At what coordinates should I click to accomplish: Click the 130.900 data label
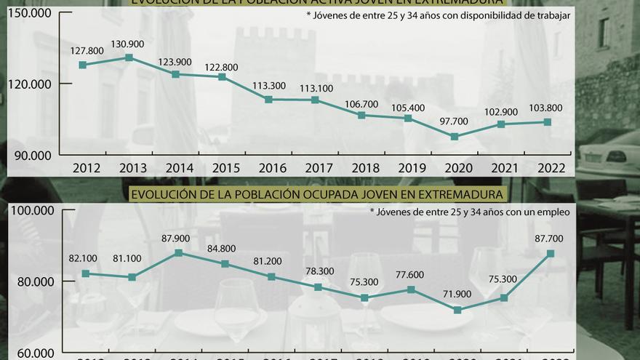coord(129,43)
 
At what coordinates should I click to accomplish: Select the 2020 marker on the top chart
coord(455,137)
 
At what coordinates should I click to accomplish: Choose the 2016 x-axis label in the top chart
coord(273,168)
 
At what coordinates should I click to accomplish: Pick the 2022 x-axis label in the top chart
coord(551,168)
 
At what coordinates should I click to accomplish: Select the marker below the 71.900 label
coord(457,310)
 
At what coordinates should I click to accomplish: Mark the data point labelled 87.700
coord(551,254)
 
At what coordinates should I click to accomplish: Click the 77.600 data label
coord(411,275)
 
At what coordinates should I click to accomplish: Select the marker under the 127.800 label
coord(83,65)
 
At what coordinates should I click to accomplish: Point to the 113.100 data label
coord(318,89)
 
